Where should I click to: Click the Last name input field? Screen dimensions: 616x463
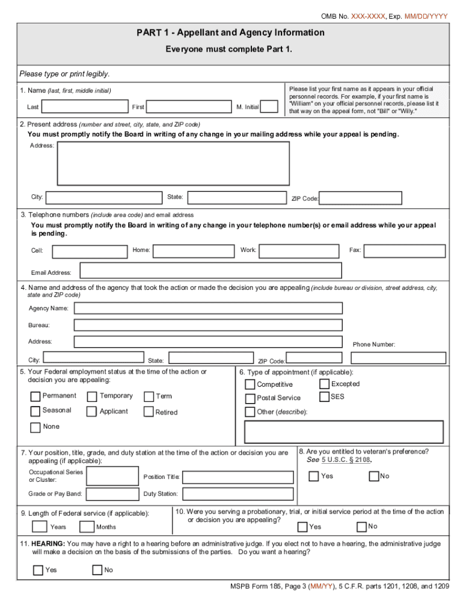pos(84,106)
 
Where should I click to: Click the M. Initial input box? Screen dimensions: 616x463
pos(269,106)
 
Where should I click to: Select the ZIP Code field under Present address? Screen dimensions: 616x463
pos(361,199)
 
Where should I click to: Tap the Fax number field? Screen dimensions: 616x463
pos(405,251)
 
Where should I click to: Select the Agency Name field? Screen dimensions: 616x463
pos(208,309)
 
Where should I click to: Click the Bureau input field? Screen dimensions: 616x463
pos(208,325)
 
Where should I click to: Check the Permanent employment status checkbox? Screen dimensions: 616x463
pos(35,396)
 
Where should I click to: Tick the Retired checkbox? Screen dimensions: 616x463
pos(149,412)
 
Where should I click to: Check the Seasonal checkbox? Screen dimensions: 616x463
pos(35,411)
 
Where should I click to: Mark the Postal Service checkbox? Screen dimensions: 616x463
pos(250,398)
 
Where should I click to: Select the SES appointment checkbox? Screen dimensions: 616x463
pos(324,397)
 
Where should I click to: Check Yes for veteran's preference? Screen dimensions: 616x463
pos(314,476)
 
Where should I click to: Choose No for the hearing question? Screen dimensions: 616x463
pos(97,570)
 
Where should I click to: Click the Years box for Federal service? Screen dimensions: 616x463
pos(40,527)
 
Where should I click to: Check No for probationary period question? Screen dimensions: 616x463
pos(361,527)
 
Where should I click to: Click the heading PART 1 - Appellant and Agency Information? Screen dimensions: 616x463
pos(230,32)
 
